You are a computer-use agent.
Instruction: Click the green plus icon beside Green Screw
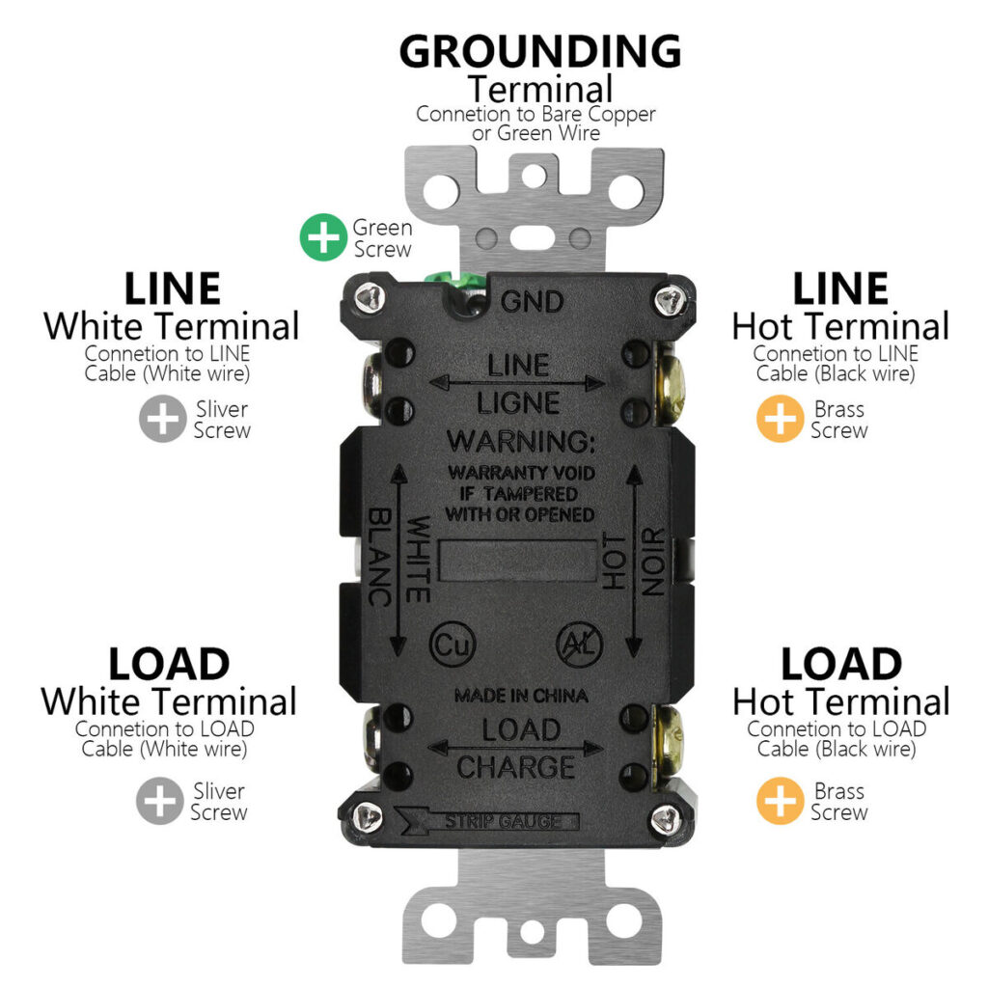323,237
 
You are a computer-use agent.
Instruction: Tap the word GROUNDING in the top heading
539,51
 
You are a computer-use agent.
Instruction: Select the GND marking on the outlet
532,302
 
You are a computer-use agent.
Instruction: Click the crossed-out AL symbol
576,643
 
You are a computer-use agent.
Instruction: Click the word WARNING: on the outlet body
522,441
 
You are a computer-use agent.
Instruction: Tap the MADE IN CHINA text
521,695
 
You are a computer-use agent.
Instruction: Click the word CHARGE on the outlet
515,767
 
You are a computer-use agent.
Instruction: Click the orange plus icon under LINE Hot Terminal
780,420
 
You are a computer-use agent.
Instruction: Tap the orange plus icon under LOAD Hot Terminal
780,802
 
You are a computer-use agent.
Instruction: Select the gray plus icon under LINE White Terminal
162,420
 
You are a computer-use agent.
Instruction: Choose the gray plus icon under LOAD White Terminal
159,802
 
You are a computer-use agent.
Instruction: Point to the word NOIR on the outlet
653,563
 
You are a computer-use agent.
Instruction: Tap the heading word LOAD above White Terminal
169,665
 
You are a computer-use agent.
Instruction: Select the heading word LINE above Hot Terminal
840,288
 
